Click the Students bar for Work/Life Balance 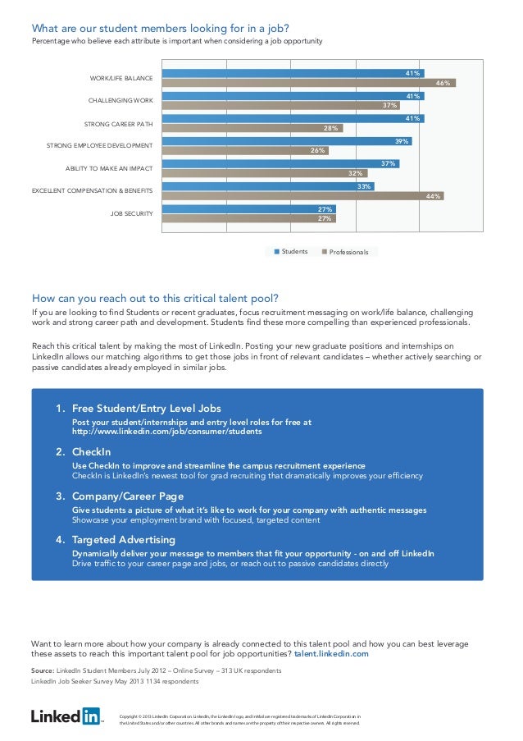tap(293, 74)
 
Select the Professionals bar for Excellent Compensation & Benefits tap(302, 196)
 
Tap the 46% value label tap(443, 83)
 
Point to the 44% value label tap(434, 196)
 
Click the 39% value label tap(402, 141)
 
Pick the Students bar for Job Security tap(248, 209)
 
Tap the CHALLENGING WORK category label tap(121, 101)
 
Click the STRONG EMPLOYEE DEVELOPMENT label tap(99, 146)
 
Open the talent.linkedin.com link tap(331, 654)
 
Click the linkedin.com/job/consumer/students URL tap(167, 432)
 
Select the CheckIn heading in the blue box tap(91, 452)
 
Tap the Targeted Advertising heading tap(123, 540)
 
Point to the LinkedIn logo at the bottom tap(66, 716)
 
